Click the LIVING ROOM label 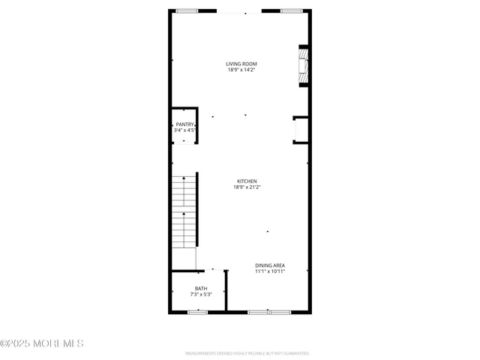[241, 64]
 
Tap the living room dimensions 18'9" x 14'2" [241, 70]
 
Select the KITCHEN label [247, 181]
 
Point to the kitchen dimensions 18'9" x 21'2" [247, 187]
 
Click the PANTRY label [184, 124]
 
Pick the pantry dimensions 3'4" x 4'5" [184, 130]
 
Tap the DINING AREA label [269, 265]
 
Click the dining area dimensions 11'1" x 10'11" [269, 271]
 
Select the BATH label [201, 289]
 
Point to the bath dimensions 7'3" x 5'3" [201, 295]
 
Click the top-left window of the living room [187, 11]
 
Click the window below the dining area [269, 311]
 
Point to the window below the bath [198, 311]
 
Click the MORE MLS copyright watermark [42, 343]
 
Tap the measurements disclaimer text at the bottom [247, 352]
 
